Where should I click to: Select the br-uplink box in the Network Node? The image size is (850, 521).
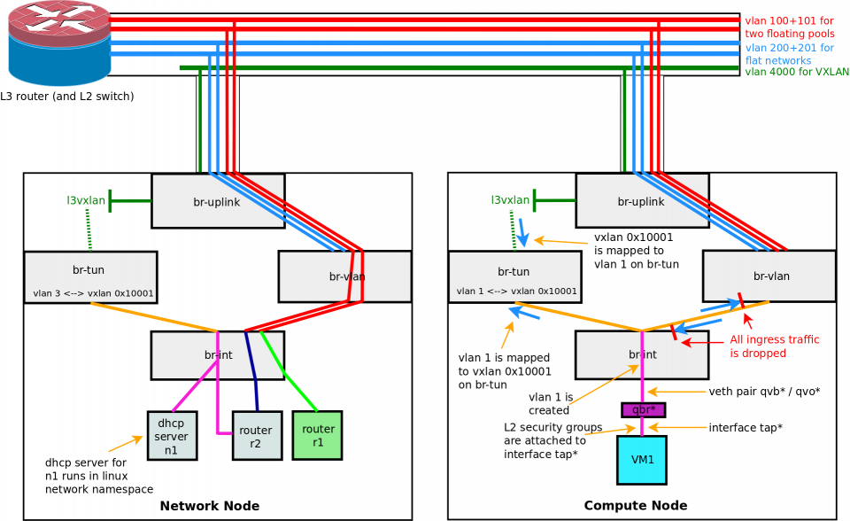(218, 201)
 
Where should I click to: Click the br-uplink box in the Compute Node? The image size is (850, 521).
(642, 201)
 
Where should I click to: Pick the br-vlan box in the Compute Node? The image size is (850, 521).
(769, 276)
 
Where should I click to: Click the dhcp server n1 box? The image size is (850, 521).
(172, 436)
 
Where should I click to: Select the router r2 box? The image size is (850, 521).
(257, 436)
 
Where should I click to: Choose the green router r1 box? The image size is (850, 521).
(317, 435)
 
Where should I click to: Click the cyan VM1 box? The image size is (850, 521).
(642, 460)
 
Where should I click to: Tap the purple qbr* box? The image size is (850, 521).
(644, 409)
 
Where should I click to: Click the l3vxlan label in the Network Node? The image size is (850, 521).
(86, 201)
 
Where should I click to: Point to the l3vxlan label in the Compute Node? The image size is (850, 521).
(510, 201)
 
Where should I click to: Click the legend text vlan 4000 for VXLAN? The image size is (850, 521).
(796, 73)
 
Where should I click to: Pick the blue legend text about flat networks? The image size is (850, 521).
(789, 54)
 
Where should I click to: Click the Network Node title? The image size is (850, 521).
(210, 506)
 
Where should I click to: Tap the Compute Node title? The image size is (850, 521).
(635, 506)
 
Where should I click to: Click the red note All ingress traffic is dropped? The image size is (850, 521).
(774, 346)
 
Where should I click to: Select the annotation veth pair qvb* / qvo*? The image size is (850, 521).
(764, 392)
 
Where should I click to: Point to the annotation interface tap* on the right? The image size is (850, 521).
(745, 428)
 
